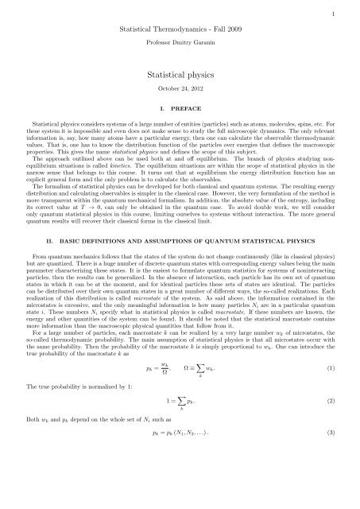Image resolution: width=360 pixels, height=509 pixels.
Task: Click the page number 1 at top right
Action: coord(350,14)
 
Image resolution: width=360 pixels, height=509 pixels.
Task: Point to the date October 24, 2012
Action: coord(180,87)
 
